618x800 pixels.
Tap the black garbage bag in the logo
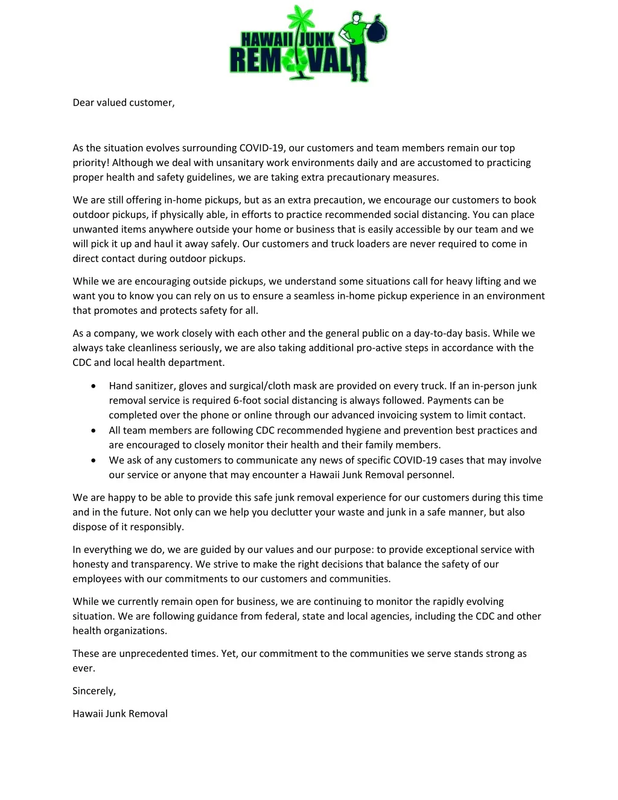(x=377, y=29)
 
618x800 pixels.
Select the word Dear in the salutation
(x=83, y=103)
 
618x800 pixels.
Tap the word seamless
(x=314, y=296)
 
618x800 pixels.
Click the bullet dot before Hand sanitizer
(x=93, y=386)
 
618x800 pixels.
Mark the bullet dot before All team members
(x=93, y=430)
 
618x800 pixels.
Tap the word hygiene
(x=363, y=430)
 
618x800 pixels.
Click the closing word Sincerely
(x=94, y=691)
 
